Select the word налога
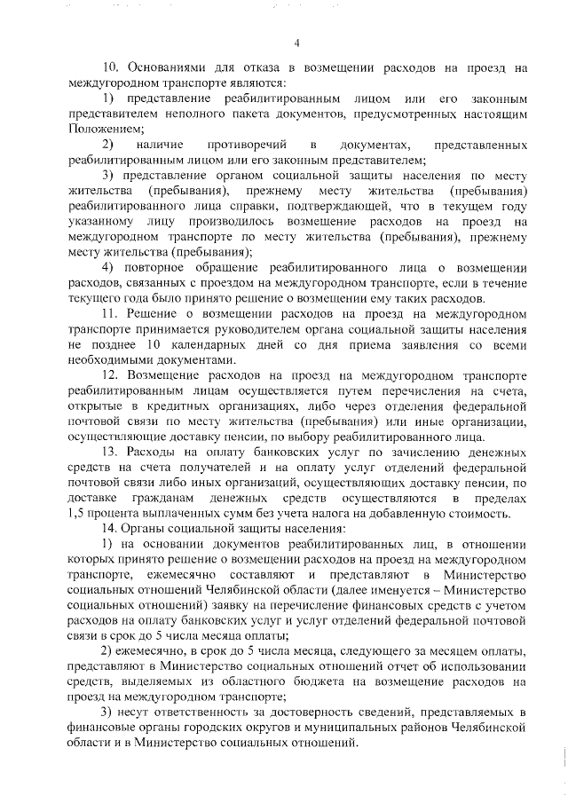[x=332, y=515]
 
